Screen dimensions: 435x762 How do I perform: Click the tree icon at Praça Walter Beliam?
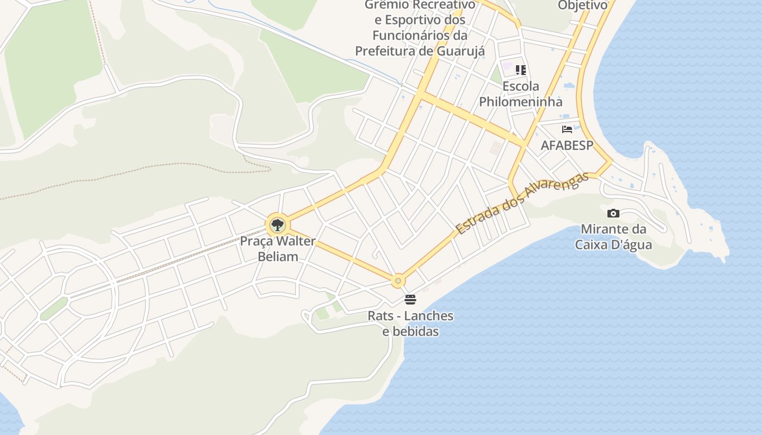coord(278,225)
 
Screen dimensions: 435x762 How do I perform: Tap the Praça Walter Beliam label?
coord(278,248)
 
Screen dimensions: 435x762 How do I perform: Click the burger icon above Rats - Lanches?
coord(410,300)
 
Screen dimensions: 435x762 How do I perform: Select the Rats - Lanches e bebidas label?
coord(410,324)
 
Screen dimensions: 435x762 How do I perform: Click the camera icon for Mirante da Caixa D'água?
coord(613,213)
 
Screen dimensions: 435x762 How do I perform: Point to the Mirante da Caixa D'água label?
coord(613,237)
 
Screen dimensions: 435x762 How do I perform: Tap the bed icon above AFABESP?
coord(567,129)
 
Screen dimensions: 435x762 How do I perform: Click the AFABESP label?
coord(567,146)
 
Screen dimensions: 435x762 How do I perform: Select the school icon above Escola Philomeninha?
coord(521,70)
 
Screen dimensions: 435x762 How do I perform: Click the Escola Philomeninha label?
coord(521,94)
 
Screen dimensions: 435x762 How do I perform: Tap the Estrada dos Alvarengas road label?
coord(523,203)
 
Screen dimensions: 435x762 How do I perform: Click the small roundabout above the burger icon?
coord(398,281)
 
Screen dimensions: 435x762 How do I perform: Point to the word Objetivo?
coord(582,5)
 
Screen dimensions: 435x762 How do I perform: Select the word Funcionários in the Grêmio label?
coord(411,35)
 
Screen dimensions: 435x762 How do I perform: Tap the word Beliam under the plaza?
coord(278,256)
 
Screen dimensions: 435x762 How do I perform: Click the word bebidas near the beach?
coord(410,331)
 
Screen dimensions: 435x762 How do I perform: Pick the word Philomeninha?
coord(521,102)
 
